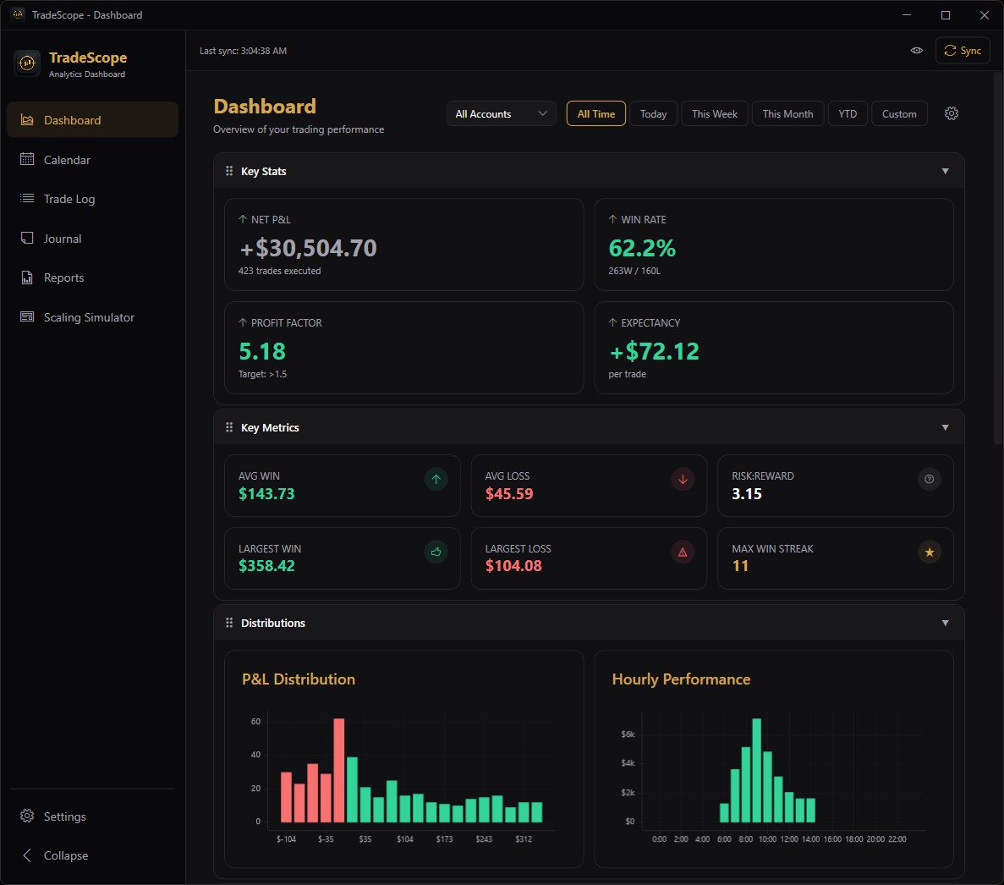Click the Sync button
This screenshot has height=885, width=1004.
963,51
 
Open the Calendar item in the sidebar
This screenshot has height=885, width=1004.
67,160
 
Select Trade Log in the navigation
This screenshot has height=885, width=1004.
69,199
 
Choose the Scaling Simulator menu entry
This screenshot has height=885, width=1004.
89,317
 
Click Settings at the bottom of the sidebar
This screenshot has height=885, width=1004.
64,816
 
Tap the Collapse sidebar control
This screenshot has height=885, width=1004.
65,855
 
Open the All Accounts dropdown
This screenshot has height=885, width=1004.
501,114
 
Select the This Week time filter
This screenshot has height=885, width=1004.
714,114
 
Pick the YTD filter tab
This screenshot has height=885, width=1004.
848,114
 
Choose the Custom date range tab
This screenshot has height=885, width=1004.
898,114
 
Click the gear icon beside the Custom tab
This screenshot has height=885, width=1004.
952,113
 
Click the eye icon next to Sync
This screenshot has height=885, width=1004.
916,51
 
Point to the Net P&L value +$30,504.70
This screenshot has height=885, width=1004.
308,248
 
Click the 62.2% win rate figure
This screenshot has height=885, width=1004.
642,248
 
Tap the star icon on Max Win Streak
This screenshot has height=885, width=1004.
929,552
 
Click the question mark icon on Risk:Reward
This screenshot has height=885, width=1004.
929,480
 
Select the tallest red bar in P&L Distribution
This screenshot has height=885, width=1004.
339,770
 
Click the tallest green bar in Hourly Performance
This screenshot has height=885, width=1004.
756,770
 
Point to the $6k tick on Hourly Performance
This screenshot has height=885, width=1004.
628,734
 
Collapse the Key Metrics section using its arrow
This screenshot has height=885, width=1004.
945,427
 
